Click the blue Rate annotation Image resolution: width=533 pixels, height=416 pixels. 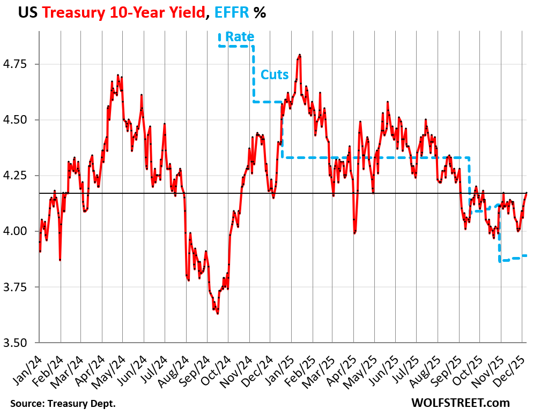(x=240, y=37)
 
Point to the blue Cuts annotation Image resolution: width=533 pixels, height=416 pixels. (x=275, y=74)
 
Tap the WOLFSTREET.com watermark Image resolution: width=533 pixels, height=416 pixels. (x=461, y=403)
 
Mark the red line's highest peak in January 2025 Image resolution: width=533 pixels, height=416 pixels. (x=300, y=55)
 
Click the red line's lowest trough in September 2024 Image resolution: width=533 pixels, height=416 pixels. (x=217, y=314)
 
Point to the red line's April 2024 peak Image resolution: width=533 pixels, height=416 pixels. (x=117, y=75)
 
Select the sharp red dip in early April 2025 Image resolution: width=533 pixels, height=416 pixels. (x=354, y=233)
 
